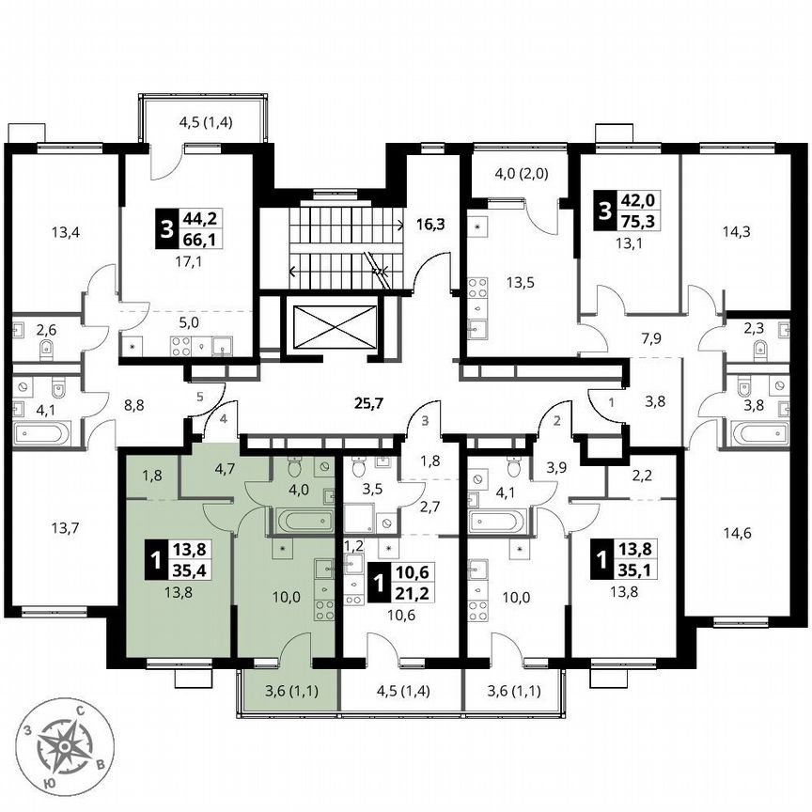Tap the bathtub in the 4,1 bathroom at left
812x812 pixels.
click(x=42, y=434)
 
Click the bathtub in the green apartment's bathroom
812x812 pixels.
click(x=297, y=518)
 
